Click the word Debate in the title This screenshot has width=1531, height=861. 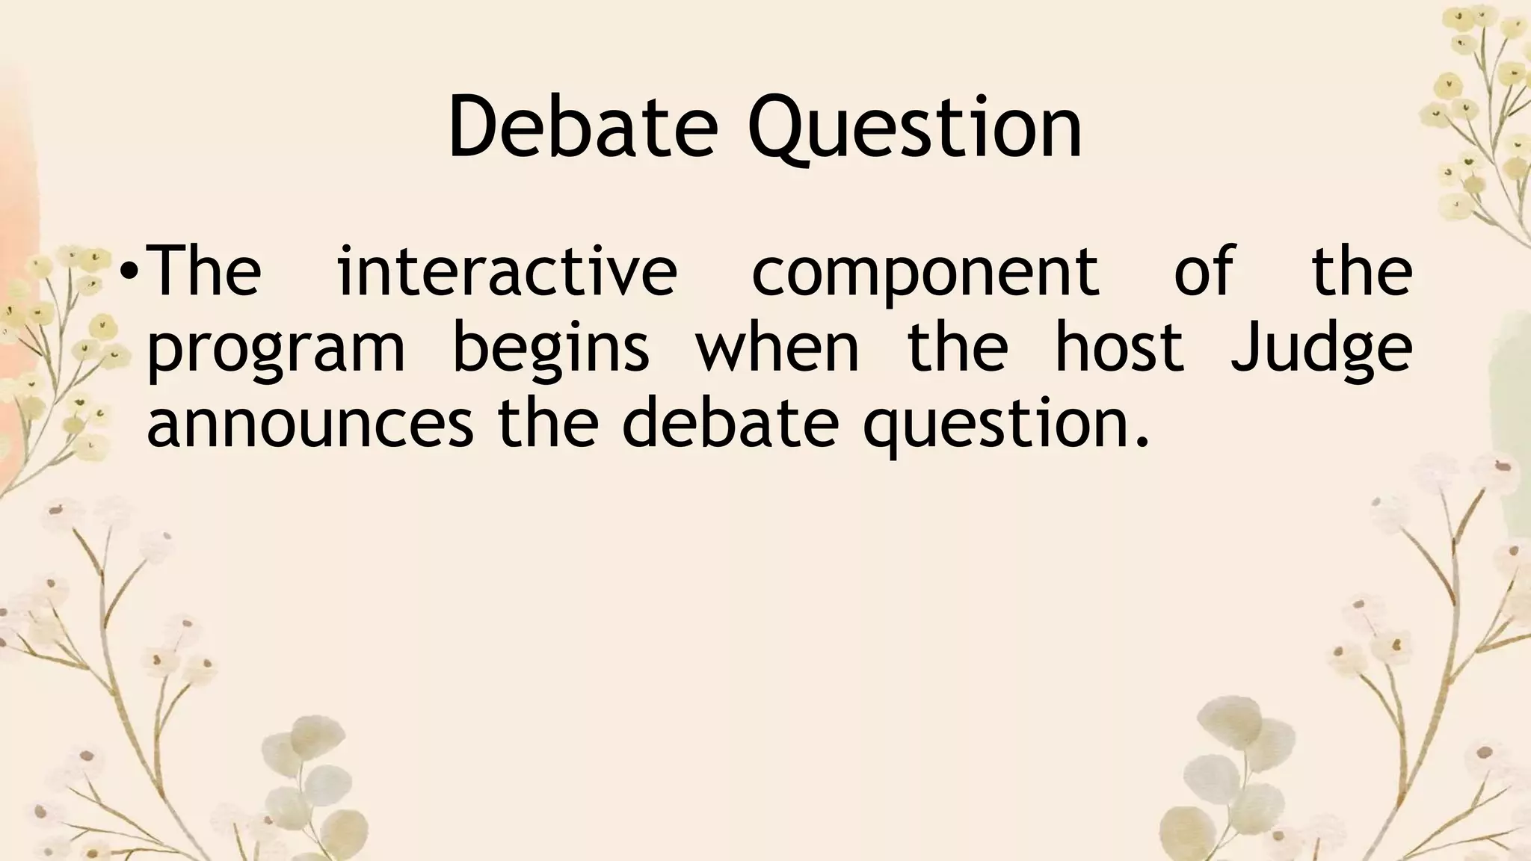pos(582,127)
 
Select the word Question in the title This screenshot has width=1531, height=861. pos(915,129)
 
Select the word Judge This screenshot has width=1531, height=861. pos(1321,350)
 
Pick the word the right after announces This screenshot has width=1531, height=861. pos(548,422)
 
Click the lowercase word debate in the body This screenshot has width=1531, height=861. pos(730,422)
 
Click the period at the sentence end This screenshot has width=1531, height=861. pos(1140,442)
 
